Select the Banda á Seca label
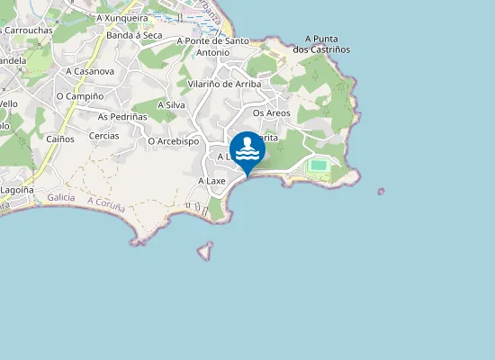(134, 35)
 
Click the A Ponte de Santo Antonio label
(212, 46)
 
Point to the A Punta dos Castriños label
(328, 43)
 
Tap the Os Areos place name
(271, 113)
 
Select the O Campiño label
(79, 95)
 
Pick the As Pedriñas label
(121, 116)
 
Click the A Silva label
(171, 104)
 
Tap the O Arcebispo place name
(173, 141)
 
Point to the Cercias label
(104, 136)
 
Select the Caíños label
(60, 138)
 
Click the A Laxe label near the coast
(211, 181)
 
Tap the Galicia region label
(61, 197)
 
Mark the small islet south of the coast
(206, 250)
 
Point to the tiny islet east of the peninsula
(381, 191)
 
